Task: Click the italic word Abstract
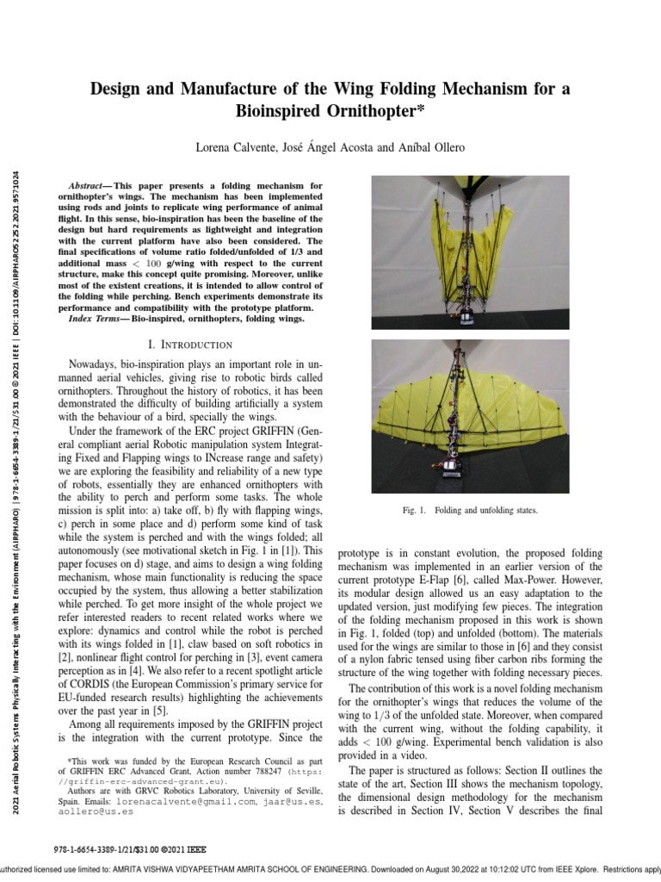pos(87,186)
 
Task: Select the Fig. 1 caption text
pos(469,510)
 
